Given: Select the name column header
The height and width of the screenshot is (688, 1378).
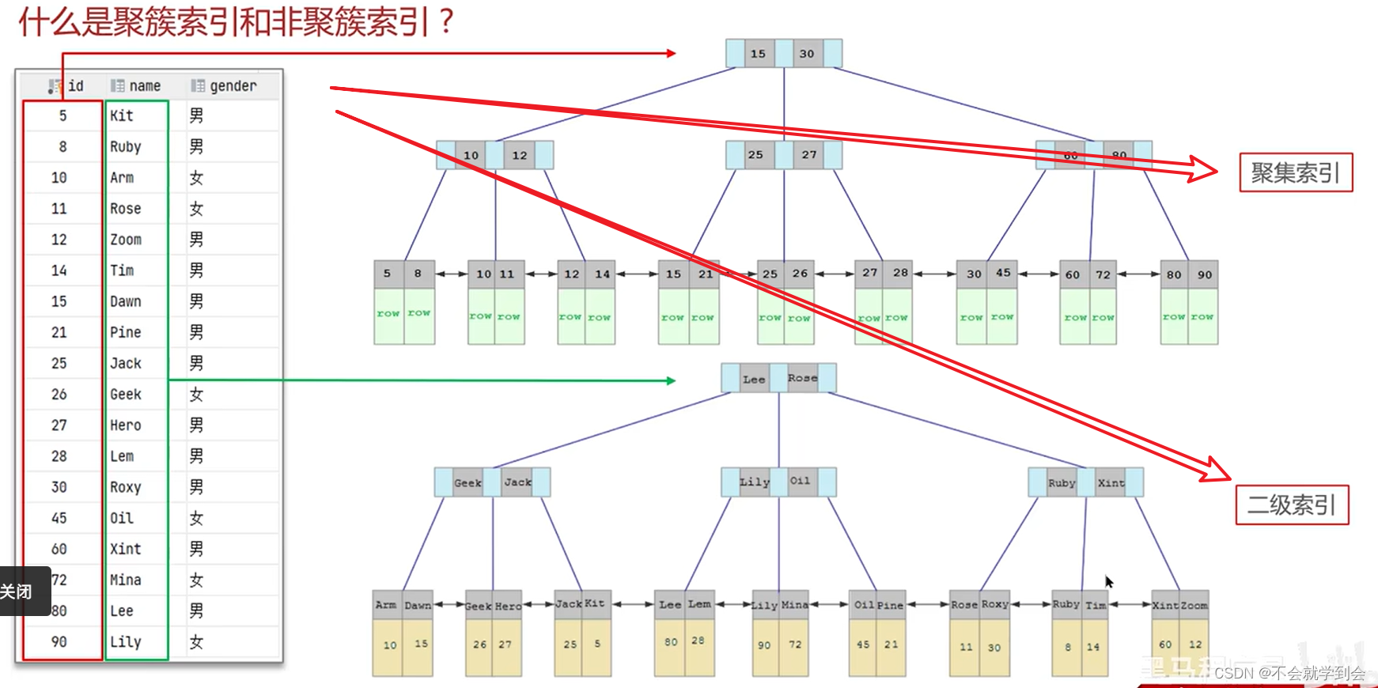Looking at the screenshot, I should [x=144, y=86].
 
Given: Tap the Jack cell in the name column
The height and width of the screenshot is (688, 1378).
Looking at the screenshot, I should [x=126, y=364].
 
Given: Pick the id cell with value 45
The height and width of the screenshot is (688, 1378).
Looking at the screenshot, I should [x=59, y=518].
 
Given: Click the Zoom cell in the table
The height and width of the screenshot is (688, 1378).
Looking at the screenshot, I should [x=126, y=240].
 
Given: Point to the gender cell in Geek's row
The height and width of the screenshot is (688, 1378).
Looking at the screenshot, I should [x=196, y=395].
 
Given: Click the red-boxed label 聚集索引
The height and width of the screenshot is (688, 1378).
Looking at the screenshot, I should [x=1296, y=172].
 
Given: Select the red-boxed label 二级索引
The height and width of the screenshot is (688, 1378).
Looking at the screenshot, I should [x=1292, y=505].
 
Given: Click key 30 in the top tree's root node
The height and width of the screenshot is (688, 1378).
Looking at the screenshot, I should [x=807, y=54].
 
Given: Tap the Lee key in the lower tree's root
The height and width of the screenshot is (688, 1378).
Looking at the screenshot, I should [x=754, y=379].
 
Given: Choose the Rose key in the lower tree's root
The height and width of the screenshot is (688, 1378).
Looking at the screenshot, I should [x=802, y=378].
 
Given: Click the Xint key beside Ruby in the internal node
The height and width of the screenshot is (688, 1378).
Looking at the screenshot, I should [x=1111, y=482].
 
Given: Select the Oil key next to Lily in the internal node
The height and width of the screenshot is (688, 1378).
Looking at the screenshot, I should [x=800, y=481].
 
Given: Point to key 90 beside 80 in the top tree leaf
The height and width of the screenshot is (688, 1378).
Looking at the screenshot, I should [x=1204, y=274].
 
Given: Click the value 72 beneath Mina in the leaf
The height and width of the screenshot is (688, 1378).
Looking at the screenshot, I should [x=795, y=645].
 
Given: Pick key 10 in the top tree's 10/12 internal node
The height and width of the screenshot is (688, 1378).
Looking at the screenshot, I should [x=471, y=155].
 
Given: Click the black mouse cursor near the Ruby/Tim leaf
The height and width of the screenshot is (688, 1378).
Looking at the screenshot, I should [x=1109, y=581].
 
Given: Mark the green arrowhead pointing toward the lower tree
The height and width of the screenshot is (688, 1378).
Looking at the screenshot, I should [x=671, y=380].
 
